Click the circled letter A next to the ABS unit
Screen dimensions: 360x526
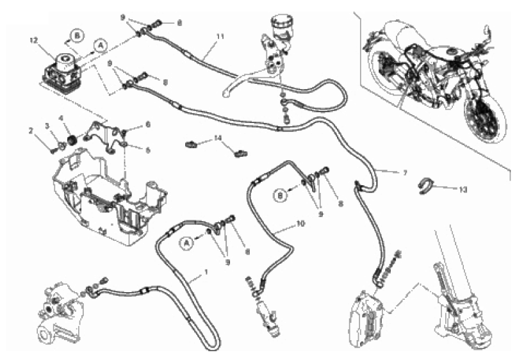point(101,45)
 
